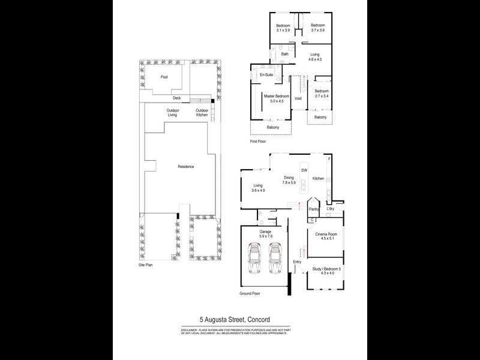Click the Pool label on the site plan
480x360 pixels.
point(164,77)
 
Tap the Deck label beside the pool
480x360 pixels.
point(176,98)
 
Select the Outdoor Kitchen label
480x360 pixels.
point(202,113)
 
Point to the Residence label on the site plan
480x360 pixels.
point(185,166)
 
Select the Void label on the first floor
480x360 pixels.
point(298,98)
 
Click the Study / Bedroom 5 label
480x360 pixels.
point(326,269)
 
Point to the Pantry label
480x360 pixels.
point(313,209)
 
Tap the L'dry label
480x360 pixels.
point(331,209)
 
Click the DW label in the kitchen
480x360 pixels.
point(304,171)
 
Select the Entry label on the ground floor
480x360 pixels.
point(296,262)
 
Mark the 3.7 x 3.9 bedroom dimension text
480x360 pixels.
point(317,30)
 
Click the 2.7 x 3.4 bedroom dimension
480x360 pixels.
point(322,96)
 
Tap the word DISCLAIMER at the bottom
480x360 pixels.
point(194,331)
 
